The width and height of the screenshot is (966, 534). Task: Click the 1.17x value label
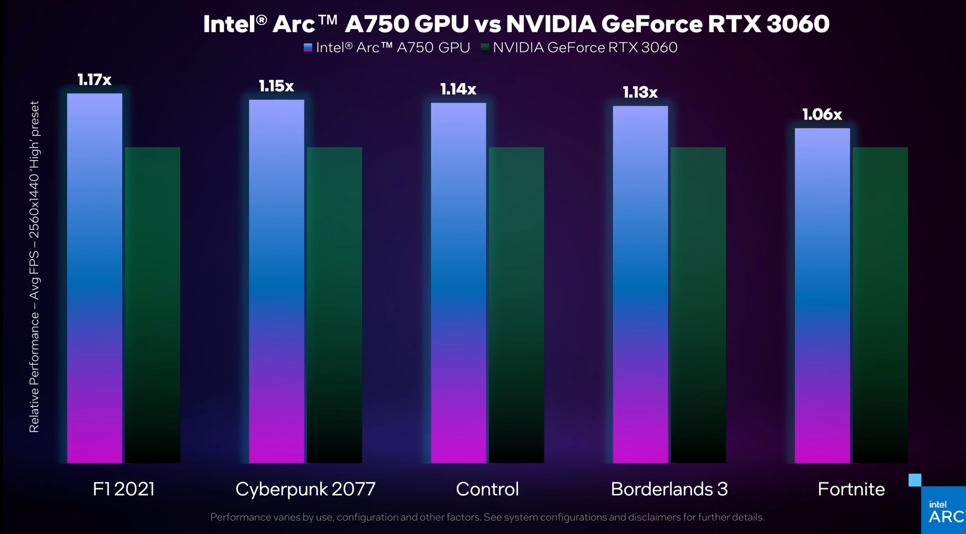(94, 79)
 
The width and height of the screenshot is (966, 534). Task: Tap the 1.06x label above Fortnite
(822, 114)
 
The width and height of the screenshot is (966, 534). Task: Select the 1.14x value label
(458, 89)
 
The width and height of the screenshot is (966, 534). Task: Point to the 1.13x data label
(640, 92)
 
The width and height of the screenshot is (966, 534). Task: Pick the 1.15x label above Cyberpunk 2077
(276, 86)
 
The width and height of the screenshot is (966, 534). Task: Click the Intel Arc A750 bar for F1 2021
(95, 277)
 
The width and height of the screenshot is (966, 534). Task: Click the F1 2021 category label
(123, 489)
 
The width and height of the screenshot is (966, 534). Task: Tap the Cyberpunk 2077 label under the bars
(305, 489)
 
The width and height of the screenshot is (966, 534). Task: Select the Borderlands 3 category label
(669, 489)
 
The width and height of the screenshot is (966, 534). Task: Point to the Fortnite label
(851, 489)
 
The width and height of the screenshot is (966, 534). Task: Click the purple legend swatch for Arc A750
(308, 47)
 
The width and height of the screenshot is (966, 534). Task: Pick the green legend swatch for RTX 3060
(485, 47)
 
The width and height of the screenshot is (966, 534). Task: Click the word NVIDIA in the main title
(551, 24)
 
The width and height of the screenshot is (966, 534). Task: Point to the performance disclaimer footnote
(487, 517)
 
